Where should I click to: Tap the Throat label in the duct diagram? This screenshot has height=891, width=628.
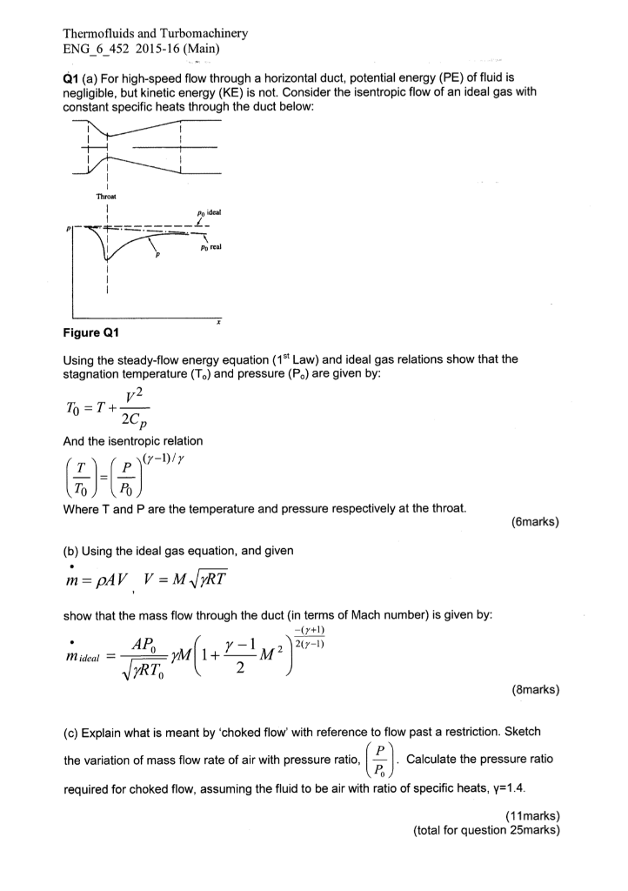[x=107, y=197]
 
